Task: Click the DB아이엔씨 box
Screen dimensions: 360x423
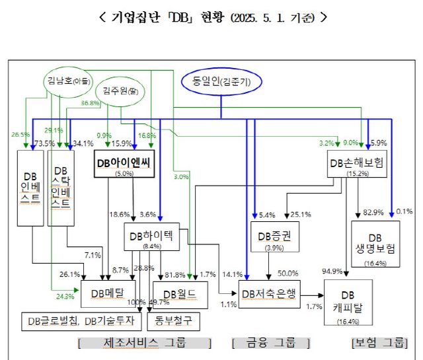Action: [124, 164]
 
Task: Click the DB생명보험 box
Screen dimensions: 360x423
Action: [375, 244]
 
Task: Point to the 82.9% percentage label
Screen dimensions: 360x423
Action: [374, 213]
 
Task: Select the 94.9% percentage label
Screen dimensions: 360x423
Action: [332, 271]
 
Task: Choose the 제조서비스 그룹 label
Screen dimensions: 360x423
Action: [145, 343]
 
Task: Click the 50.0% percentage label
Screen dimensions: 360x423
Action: [288, 273]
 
